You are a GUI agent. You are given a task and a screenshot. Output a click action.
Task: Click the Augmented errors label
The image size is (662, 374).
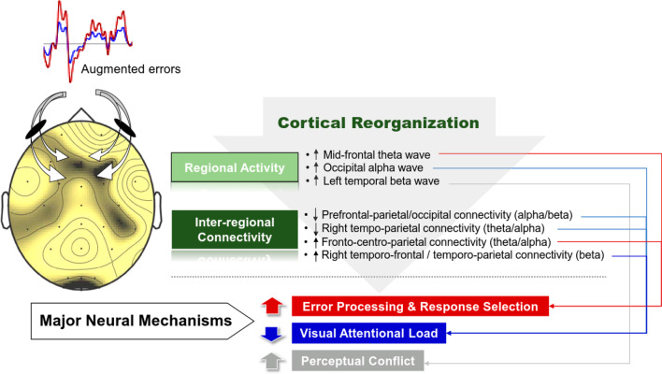[131, 69]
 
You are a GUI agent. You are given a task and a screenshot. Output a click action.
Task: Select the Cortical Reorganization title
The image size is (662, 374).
[379, 122]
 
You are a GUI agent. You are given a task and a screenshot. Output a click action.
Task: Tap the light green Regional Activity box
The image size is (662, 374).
[235, 167]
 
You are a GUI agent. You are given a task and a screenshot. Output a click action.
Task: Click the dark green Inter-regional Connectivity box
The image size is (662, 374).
[235, 230]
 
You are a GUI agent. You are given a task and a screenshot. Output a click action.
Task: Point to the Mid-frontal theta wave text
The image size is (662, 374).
[377, 155]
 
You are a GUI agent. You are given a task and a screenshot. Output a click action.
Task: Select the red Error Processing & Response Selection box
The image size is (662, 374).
[420, 307]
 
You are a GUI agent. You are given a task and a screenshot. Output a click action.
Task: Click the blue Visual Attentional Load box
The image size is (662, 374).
[368, 333]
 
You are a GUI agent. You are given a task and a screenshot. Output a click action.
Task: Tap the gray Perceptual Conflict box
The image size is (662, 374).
[357, 361]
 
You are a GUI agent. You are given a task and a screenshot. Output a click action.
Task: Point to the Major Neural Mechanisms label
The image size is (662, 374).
[136, 321]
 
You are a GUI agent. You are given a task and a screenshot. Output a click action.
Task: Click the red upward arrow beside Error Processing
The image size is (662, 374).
[272, 306]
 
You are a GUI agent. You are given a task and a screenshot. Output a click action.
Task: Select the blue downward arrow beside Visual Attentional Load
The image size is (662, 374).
[271, 334]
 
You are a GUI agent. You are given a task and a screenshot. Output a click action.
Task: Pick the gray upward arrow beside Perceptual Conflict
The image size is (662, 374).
[272, 362]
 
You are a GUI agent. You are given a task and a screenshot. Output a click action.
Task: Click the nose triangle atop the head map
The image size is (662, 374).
[81, 116]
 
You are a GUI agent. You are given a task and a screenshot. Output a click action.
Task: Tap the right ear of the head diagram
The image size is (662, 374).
[157, 210]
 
